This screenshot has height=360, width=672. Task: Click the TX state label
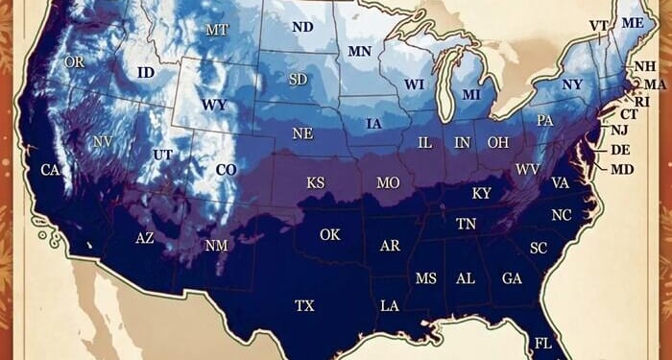click(304, 306)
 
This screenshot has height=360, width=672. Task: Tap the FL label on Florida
click(543, 343)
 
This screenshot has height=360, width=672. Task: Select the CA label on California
click(50, 170)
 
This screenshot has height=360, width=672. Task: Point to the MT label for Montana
click(217, 30)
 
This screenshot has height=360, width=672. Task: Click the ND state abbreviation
click(302, 27)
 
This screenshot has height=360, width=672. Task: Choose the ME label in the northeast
click(633, 23)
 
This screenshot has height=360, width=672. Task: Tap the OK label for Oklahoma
click(329, 234)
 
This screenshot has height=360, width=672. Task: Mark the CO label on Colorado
click(226, 170)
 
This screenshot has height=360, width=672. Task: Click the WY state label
click(213, 104)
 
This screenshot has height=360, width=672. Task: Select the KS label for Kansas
click(316, 182)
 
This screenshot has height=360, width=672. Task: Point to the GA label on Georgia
click(512, 278)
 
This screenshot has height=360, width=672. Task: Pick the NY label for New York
click(572, 84)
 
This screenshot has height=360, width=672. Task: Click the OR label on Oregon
click(75, 62)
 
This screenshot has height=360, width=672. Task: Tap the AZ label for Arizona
click(145, 237)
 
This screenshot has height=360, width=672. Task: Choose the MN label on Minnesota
click(360, 51)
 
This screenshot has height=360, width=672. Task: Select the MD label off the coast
click(622, 169)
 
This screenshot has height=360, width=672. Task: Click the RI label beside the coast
click(642, 101)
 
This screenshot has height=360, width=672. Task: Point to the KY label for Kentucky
click(482, 194)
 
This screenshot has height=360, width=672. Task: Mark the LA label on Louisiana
click(390, 306)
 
